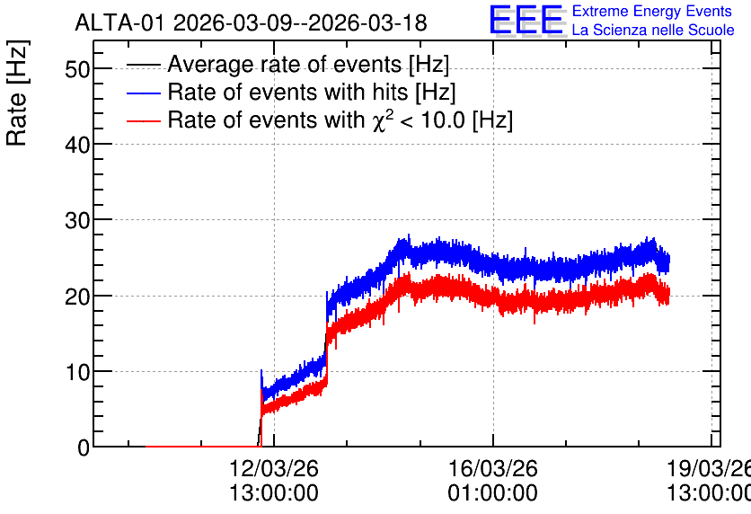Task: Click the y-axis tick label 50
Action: tap(77, 70)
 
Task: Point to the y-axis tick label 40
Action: tap(77, 145)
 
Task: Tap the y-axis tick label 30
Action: tap(77, 221)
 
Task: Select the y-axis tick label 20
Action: tap(77, 297)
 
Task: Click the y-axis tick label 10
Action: tap(77, 372)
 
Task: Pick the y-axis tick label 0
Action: tap(84, 448)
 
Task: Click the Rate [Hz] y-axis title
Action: tap(17, 93)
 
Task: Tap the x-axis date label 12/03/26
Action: tap(273, 468)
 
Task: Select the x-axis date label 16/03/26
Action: tap(492, 468)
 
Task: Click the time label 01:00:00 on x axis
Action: tap(492, 493)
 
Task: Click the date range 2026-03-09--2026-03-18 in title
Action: tap(300, 22)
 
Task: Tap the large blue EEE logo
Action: tap(526, 20)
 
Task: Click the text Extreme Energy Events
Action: tap(652, 11)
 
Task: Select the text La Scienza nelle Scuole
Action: tap(653, 30)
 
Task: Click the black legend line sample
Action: tap(143, 65)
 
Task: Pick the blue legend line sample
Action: tap(143, 93)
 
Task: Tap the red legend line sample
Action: tap(143, 120)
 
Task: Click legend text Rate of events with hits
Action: tap(287, 92)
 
